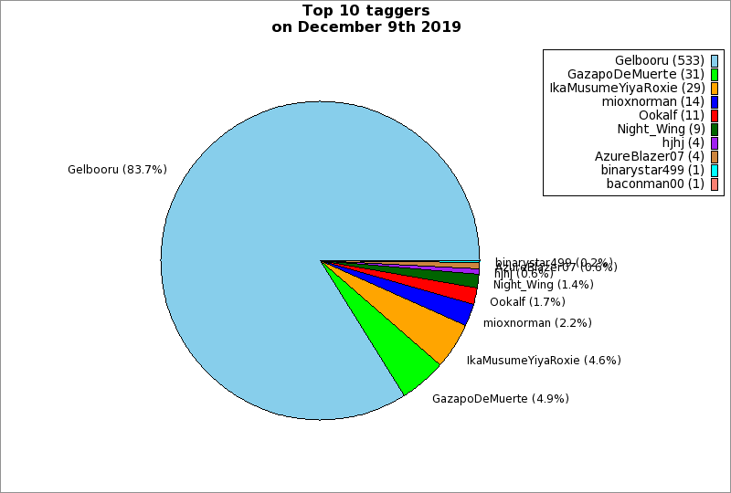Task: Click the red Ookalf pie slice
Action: [x=462, y=292]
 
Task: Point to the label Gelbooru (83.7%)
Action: [x=117, y=170]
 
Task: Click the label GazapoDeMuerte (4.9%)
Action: [x=501, y=399]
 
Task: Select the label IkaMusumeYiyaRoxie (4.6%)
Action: [x=544, y=361]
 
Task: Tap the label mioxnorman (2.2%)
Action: [x=537, y=323]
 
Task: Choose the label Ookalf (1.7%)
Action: [x=527, y=302]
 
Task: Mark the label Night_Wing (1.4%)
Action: [x=543, y=285]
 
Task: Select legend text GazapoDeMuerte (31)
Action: [x=635, y=74]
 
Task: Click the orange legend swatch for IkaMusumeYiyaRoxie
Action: [x=715, y=88]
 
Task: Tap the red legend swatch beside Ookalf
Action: [x=715, y=115]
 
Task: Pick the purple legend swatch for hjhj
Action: [x=715, y=142]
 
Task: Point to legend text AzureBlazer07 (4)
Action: [x=649, y=156]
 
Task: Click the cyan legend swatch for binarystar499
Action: [x=715, y=170]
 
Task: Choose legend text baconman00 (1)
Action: [x=655, y=184]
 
